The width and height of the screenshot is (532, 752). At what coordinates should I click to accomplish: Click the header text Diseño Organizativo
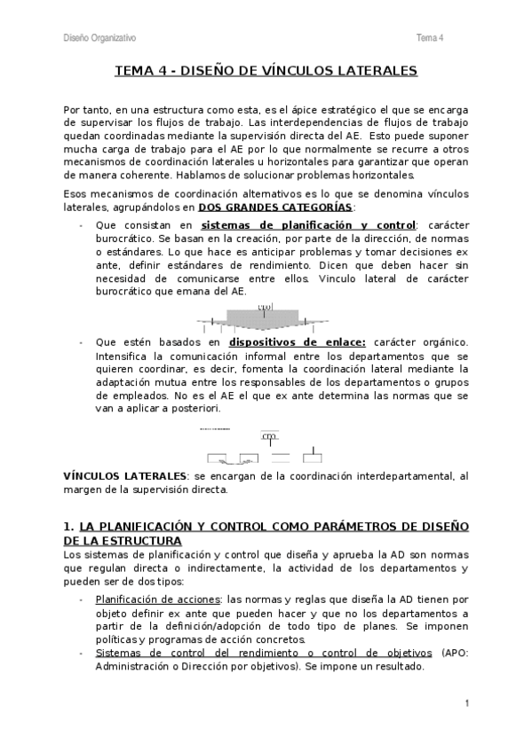pyautogui.click(x=99, y=37)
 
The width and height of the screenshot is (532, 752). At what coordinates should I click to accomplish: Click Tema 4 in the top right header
pyautogui.click(x=430, y=37)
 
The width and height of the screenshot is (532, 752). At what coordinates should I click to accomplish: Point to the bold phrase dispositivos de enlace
pyautogui.click(x=283, y=341)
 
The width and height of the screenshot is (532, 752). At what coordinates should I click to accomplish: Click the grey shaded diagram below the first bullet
pyautogui.click(x=263, y=316)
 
